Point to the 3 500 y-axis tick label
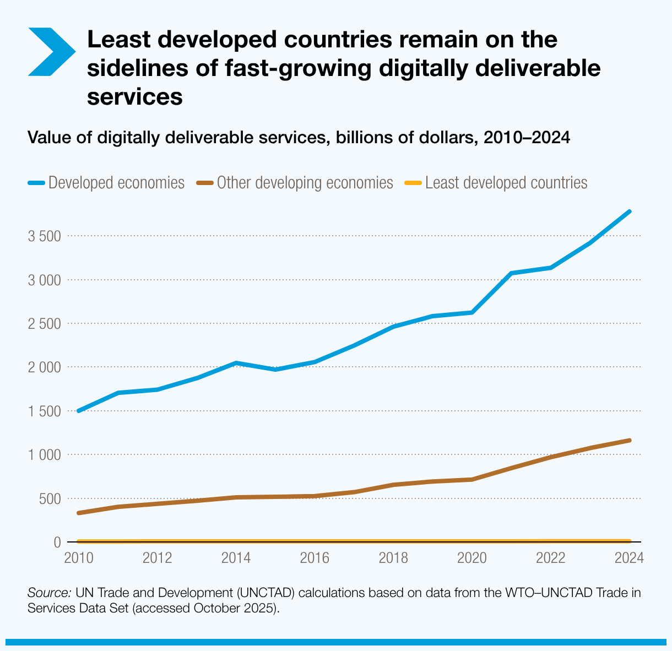(44, 236)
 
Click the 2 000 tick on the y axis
(44, 367)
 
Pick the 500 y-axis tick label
(50, 499)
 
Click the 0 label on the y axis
(57, 542)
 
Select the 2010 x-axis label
(79, 558)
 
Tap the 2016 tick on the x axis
(315, 558)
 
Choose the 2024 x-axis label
(629, 558)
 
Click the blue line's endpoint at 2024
(630, 211)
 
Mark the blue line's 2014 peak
(236, 363)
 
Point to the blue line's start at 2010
(79, 411)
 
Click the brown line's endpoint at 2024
(630, 440)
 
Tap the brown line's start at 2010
(79, 513)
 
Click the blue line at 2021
(512, 273)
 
